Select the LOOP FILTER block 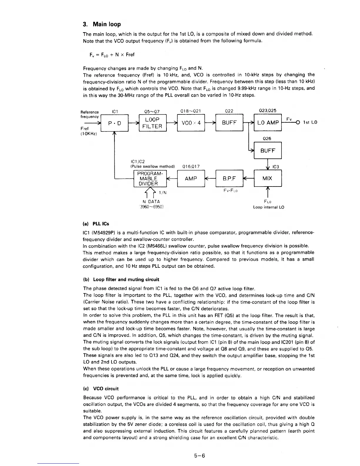tap(152, 123)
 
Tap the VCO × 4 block tap(191, 123)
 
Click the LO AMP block tap(268, 123)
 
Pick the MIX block tap(268, 178)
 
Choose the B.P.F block tap(229, 178)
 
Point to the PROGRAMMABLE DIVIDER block tap(150, 178)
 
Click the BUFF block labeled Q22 tap(229, 123)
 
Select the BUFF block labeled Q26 tap(268, 151)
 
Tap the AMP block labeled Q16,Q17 tap(191, 178)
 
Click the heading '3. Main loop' tap(102, 24)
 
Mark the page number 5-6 tap(199, 456)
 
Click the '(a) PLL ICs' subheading tap(96, 224)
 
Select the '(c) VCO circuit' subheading tap(101, 389)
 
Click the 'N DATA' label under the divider tap(151, 202)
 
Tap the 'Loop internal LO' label tap(269, 207)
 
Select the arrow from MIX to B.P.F tap(249, 178)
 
